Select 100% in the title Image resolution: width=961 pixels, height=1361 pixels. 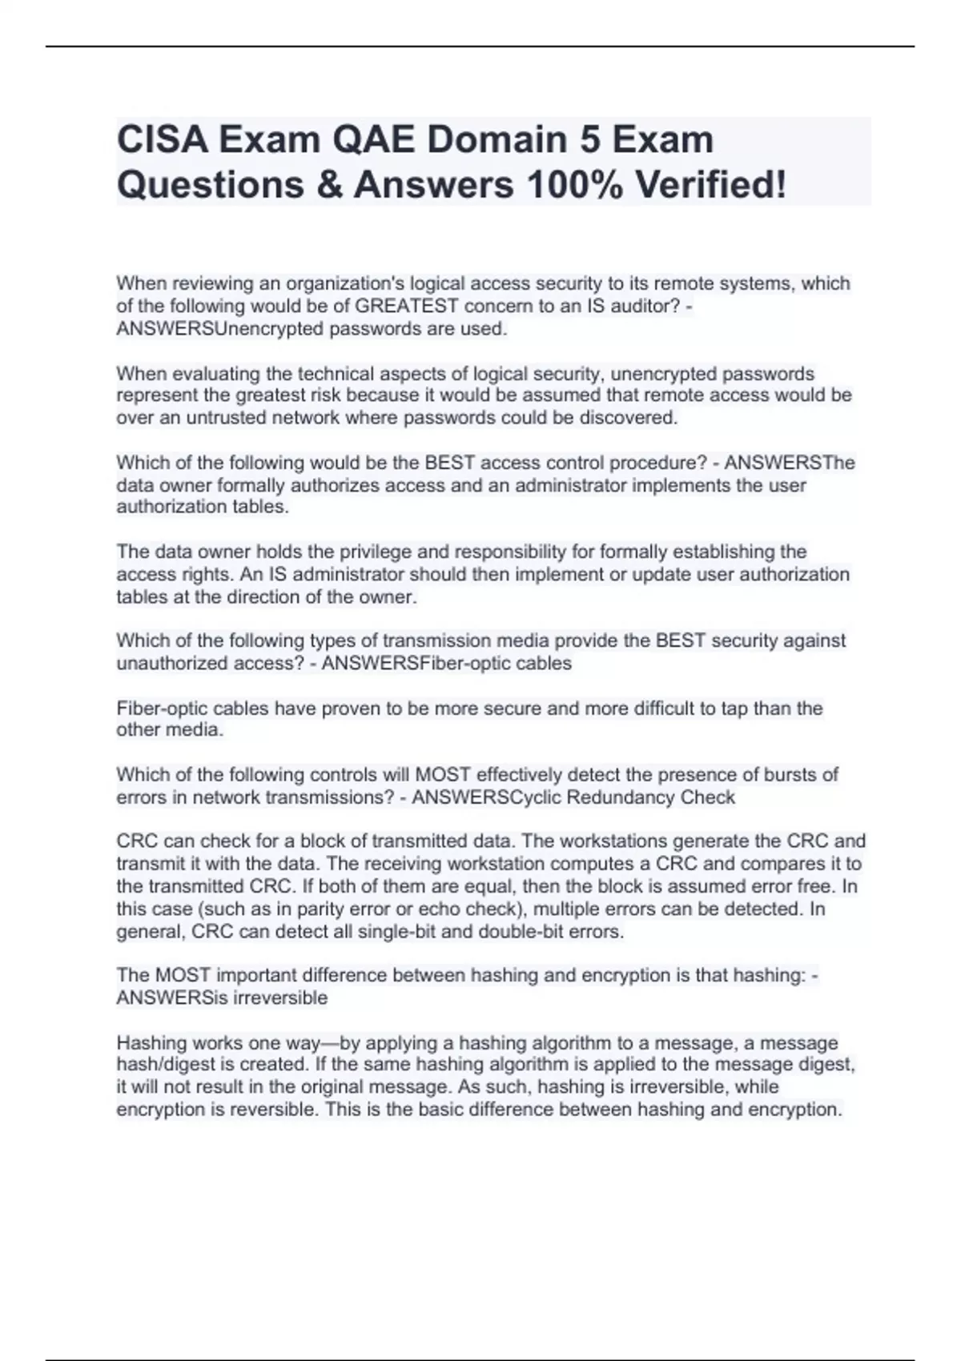click(x=573, y=185)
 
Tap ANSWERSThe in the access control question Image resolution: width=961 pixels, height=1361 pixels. click(x=790, y=463)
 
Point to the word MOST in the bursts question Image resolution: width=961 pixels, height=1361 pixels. click(x=443, y=774)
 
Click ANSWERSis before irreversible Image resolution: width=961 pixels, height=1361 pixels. click(x=166, y=998)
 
